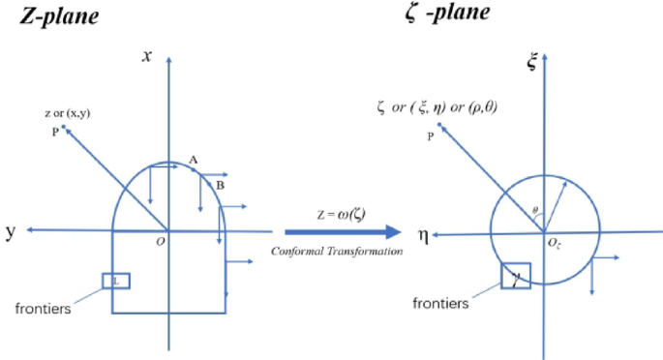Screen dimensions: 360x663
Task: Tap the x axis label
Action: tap(147, 56)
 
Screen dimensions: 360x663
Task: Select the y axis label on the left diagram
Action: tap(11, 231)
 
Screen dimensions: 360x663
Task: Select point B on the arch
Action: tap(220, 184)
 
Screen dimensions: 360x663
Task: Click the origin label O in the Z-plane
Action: tap(160, 242)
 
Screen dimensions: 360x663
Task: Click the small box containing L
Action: tap(115, 281)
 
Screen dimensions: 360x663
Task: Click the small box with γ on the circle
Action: tap(515, 277)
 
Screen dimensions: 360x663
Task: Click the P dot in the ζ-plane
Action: tap(439, 126)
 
